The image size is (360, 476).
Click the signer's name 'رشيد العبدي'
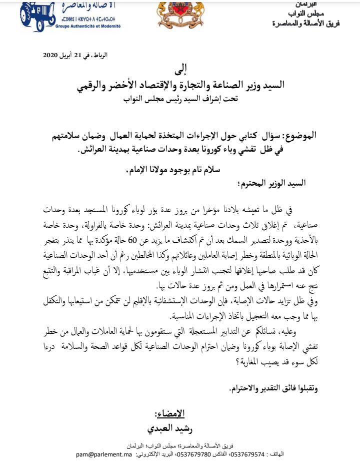coord(170,429)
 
